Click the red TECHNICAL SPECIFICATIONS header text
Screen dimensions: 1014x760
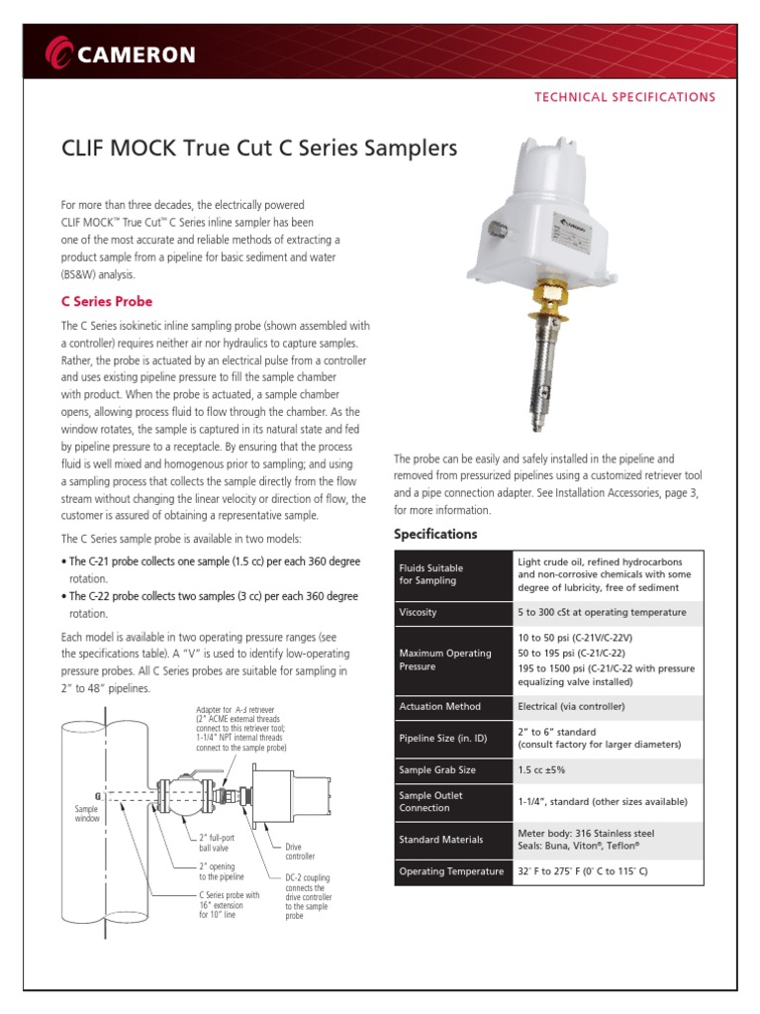(x=624, y=97)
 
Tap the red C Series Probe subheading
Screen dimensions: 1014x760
(x=107, y=301)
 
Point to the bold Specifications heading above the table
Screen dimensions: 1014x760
(x=435, y=534)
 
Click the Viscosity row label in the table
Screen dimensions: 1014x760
(x=418, y=613)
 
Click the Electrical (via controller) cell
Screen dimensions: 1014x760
(x=571, y=706)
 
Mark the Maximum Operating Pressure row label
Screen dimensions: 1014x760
(x=444, y=659)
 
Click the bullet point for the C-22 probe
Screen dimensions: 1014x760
(x=64, y=596)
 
